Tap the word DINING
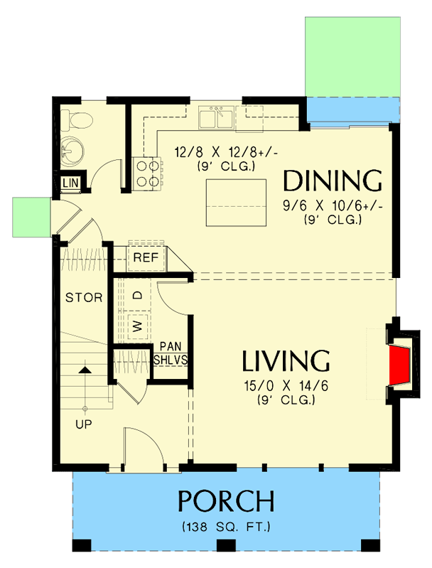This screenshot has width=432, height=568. [333, 181]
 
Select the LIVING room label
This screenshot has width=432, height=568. [286, 361]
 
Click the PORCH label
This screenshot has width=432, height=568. [226, 501]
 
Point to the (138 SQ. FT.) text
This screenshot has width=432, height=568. [226, 527]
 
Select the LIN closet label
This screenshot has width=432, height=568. [70, 183]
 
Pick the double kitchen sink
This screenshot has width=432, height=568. [216, 118]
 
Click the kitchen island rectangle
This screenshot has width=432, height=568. [236, 203]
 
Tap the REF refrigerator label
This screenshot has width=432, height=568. [146, 258]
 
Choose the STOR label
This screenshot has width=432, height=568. [84, 297]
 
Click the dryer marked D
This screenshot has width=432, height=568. [139, 293]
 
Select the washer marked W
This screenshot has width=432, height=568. [139, 326]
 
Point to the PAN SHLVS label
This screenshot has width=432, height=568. [171, 353]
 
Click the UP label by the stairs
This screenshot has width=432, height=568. [84, 424]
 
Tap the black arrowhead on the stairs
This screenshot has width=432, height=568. [85, 370]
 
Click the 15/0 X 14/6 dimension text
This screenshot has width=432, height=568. [286, 387]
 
